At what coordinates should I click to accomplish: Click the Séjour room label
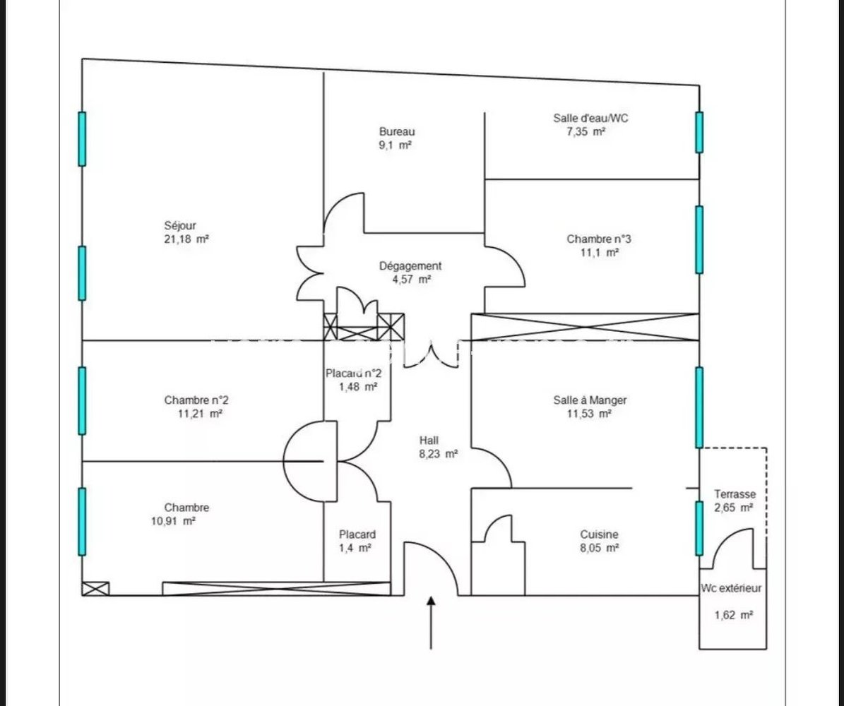(180, 226)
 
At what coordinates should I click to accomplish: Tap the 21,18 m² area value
(186, 239)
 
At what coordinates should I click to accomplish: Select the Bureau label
(397, 131)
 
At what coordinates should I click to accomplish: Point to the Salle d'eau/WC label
(590, 118)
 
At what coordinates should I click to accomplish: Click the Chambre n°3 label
(598, 239)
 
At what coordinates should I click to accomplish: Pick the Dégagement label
(410, 266)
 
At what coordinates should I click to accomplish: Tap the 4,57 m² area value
(412, 280)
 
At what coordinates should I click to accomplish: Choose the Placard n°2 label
(354, 373)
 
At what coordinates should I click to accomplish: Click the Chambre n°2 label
(196, 400)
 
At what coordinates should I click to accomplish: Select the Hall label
(429, 440)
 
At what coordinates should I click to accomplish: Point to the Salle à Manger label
(590, 400)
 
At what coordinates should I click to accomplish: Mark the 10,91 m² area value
(173, 521)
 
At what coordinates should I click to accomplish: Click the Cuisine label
(599, 534)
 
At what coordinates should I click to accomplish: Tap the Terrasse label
(735, 494)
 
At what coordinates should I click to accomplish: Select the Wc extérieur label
(731, 588)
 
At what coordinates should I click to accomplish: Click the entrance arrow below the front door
(431, 623)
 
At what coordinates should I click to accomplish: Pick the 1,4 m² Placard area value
(355, 549)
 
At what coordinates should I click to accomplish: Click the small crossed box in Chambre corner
(96, 589)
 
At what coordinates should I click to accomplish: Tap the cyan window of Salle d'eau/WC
(699, 133)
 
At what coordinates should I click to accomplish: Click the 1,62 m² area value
(734, 615)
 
